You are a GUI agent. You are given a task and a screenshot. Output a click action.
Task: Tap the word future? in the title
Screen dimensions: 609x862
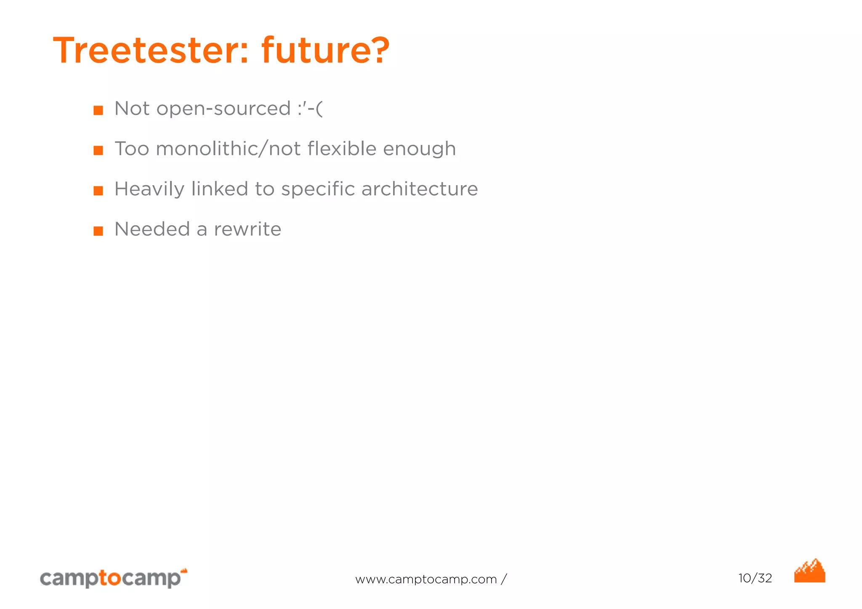[x=325, y=51]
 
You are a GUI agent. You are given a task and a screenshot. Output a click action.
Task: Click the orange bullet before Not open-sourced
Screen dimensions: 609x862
[x=98, y=110]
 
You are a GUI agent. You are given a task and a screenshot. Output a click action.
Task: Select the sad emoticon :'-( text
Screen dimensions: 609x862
[x=310, y=109]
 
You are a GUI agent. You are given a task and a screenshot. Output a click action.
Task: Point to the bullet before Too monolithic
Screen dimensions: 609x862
[x=98, y=150]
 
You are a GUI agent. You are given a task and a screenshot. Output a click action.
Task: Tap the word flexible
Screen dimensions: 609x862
[x=342, y=149]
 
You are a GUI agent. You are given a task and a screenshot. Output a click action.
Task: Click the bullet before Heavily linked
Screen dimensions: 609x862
[x=98, y=191]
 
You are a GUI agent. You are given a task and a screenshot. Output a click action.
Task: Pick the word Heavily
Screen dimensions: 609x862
[x=149, y=189]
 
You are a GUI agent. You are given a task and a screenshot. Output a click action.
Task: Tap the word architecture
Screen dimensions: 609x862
[x=420, y=189]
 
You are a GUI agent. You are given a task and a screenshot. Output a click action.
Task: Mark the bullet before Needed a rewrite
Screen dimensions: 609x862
[x=98, y=231]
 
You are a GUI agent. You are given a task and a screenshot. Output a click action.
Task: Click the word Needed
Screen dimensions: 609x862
[x=152, y=229]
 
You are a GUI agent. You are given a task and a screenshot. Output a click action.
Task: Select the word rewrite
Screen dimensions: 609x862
[x=247, y=229]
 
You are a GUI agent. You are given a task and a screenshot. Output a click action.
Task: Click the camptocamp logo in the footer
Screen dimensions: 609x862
[x=113, y=578]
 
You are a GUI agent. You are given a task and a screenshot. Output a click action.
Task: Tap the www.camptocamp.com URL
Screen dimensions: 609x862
[x=426, y=580]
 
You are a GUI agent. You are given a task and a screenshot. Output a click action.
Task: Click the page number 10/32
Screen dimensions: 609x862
[x=755, y=578]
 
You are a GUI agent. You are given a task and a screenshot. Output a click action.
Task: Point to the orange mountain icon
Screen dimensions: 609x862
[x=809, y=572]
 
